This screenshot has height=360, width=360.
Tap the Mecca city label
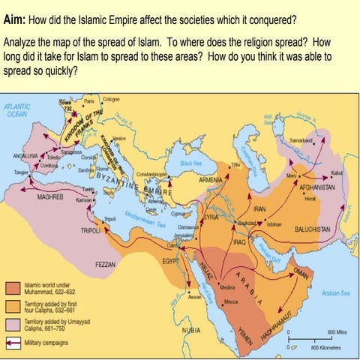pyautogui.click(x=230, y=302)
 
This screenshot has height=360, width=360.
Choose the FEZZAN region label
pyautogui.click(x=104, y=265)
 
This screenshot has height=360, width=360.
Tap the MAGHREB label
pyautogui.click(x=52, y=196)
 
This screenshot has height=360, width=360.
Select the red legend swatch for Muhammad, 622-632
pyautogui.click(x=13, y=289)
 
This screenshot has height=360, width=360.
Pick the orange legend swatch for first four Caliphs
pyautogui.click(x=13, y=305)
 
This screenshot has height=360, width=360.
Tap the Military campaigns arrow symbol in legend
pyautogui.click(x=13, y=340)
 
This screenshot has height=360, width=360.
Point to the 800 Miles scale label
pyautogui.click(x=335, y=331)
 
